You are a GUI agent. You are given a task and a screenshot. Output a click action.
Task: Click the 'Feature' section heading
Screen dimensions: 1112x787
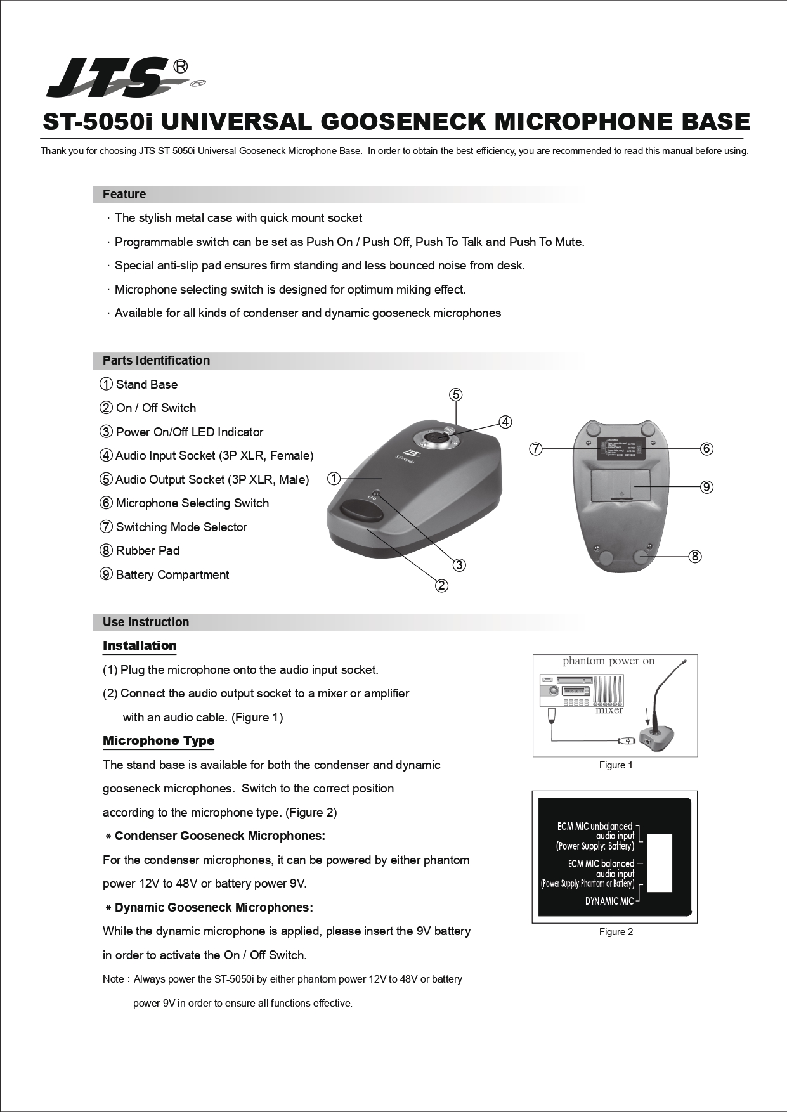point(124,194)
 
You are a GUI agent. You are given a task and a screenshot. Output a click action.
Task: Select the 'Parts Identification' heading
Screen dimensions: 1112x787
point(156,360)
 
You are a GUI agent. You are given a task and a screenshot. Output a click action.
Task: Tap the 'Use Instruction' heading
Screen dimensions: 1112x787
point(146,622)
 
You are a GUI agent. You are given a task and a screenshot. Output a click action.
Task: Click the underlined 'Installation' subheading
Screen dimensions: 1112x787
point(140,645)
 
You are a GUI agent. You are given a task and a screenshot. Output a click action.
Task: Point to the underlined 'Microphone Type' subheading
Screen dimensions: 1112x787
point(159,740)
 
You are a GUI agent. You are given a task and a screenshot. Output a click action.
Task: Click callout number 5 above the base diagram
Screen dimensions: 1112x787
point(456,394)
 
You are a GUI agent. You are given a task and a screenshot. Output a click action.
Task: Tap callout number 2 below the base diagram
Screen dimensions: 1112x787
point(441,585)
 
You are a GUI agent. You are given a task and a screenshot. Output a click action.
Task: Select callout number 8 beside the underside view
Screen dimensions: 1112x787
point(695,556)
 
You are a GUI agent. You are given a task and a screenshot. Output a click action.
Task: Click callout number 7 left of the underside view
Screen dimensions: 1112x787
point(536,448)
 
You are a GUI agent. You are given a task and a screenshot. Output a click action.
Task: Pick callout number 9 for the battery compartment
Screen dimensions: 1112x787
point(706,486)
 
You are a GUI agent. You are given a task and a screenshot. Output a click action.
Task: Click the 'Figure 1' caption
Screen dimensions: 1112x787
point(616,765)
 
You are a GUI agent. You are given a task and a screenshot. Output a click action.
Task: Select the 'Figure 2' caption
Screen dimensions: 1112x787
point(616,932)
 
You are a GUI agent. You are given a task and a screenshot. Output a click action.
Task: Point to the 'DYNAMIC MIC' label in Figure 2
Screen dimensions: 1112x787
point(609,901)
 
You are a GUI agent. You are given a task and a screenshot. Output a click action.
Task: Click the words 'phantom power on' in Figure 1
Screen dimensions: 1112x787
point(608,661)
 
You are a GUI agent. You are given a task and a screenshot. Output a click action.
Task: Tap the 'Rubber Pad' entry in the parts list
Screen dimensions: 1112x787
point(147,550)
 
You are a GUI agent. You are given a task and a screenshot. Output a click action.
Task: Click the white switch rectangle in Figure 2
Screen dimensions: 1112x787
point(659,863)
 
